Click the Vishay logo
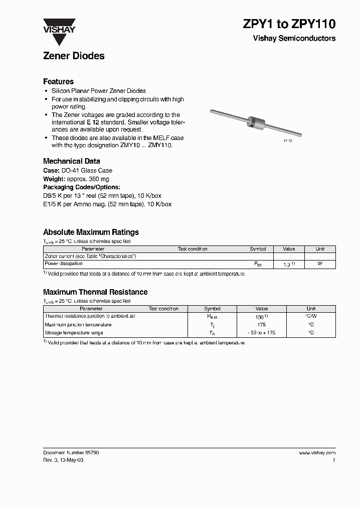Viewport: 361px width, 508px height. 59,26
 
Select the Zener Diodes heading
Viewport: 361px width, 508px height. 74,56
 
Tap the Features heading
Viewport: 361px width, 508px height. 58,81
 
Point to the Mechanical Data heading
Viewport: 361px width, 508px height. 71,161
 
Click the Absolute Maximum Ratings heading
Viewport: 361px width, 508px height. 91,232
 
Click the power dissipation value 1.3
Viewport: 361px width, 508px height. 287,264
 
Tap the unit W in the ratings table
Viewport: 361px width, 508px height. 320,263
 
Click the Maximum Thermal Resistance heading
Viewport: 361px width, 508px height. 95,292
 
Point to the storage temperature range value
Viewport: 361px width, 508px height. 261,333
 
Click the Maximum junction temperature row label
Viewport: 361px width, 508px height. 78,324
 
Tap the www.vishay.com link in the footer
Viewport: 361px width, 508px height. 317,452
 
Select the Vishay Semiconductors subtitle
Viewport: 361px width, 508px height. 294,39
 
